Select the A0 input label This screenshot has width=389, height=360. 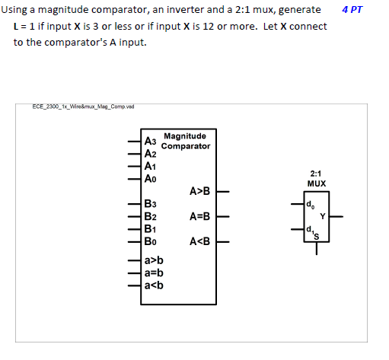tap(151, 179)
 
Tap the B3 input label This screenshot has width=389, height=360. tap(151, 205)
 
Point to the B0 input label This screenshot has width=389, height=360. tap(151, 242)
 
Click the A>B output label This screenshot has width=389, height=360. tap(199, 191)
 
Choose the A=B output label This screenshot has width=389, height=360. tap(199, 217)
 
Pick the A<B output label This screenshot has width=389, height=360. tap(199, 242)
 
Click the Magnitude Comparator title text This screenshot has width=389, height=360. tap(185, 141)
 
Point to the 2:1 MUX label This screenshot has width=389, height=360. tap(317, 179)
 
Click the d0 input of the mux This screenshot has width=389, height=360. tap(308, 204)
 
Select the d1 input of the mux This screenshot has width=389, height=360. tap(308, 229)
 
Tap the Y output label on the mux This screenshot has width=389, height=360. tap(322, 215)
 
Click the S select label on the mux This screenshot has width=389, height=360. tap(317, 236)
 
